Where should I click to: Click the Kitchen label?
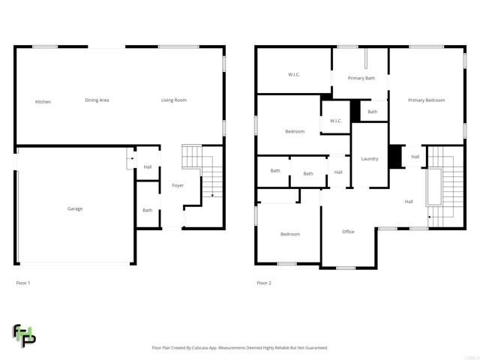43,101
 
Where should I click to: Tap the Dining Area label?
97,100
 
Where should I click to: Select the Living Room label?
174,100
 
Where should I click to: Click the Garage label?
75,208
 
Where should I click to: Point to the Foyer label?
178,185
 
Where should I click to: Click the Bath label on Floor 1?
147,210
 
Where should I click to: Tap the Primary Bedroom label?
426,100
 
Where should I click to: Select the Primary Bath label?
361,77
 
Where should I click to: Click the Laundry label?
369,158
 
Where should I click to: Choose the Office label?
348,232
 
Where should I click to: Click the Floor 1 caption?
23,283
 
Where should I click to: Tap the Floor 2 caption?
264,283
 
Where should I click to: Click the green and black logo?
24,335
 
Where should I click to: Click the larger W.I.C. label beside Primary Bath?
294,74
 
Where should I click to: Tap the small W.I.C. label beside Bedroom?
335,121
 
